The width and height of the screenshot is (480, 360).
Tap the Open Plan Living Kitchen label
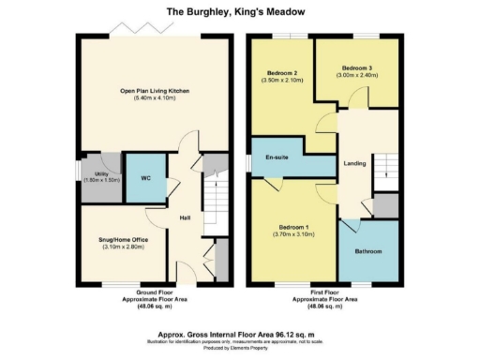[155, 90]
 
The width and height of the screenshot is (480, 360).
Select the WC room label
[145, 176]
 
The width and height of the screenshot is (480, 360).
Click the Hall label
[186, 217]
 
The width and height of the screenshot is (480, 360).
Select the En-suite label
[276, 157]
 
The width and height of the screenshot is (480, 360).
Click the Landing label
[355, 164]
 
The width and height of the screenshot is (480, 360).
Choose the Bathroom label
[367, 251]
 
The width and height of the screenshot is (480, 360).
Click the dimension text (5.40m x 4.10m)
[155, 98]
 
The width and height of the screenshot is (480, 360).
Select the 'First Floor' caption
[321, 292]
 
